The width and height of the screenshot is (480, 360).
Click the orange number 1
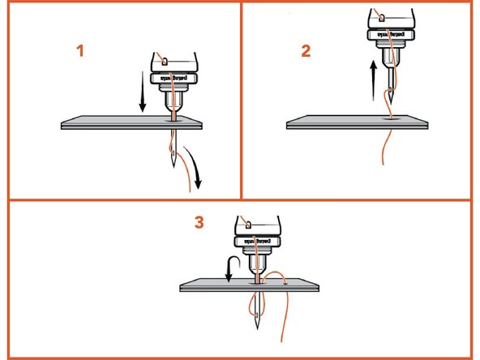point(79,50)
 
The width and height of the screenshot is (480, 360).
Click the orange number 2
point(306,50)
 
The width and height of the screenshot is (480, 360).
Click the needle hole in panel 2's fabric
point(391,118)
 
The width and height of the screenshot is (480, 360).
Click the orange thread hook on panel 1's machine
point(163,60)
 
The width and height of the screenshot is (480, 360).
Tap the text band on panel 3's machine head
point(258,241)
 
